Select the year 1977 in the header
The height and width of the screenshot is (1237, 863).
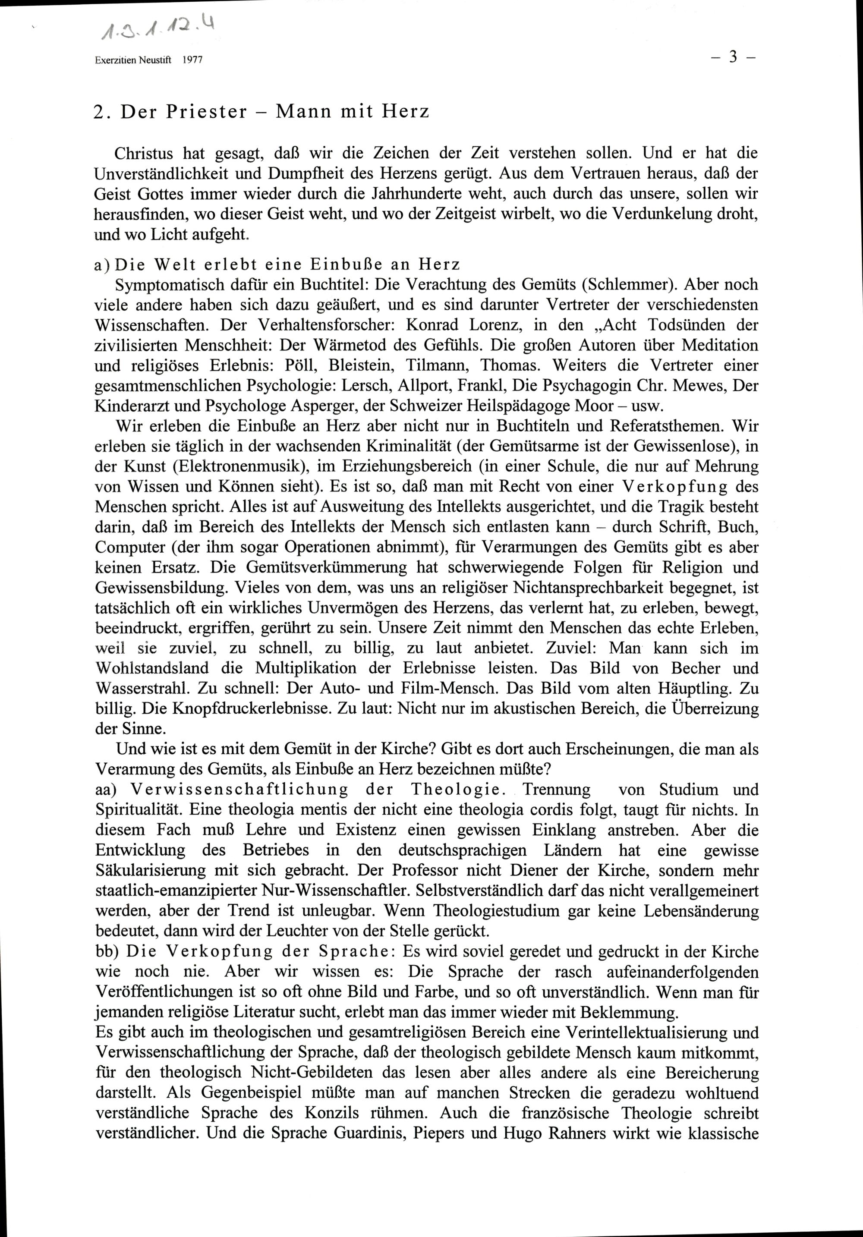tap(192, 61)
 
